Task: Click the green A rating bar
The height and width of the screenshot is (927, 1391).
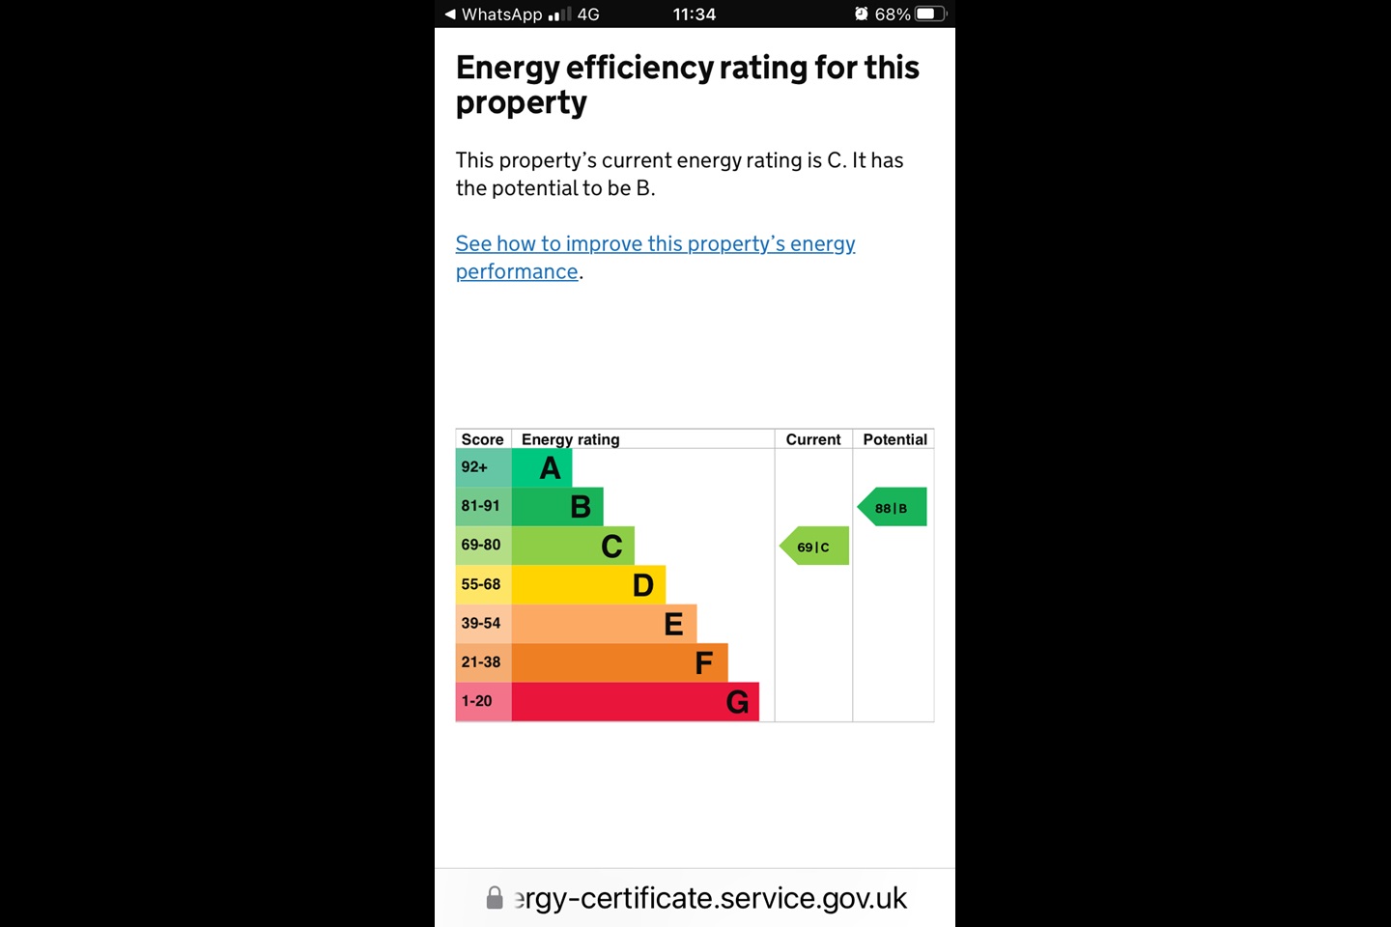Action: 542,468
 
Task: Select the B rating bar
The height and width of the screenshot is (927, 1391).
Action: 557,507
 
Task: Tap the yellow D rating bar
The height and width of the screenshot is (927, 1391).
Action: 588,585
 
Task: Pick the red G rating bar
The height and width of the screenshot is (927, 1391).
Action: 635,702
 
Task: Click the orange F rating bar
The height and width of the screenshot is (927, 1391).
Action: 619,663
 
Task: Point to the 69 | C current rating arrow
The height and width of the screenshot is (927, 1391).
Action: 814,547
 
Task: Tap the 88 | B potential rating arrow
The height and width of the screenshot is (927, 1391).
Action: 892,508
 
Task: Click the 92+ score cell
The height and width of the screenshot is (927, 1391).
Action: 483,467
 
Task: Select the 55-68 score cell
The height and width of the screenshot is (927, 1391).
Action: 483,584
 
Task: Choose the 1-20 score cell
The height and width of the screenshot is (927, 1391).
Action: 483,701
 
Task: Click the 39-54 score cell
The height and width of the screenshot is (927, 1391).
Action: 483,623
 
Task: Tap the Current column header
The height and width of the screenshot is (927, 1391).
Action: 813,439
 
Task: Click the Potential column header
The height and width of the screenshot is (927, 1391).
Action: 894,439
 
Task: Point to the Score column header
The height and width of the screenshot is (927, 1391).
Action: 482,439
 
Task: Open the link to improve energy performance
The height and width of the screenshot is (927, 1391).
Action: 655,244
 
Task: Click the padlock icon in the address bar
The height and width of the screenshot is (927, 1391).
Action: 495,898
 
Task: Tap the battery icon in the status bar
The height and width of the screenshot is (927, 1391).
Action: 931,14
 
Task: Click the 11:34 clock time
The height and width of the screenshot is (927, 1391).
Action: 695,14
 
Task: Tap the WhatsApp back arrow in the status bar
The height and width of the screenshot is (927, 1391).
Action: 450,14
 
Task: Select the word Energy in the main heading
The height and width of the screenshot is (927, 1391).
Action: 507,69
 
